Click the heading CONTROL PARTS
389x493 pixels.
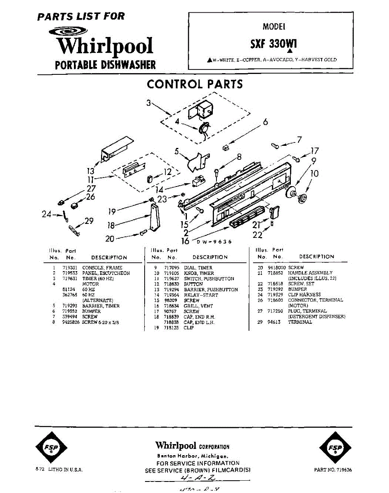195,84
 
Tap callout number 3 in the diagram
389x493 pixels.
149,103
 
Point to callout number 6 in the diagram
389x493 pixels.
265,122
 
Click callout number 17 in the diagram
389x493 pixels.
315,151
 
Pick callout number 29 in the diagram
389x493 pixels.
89,221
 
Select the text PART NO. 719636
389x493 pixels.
332,470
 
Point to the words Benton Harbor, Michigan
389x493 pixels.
193,456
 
